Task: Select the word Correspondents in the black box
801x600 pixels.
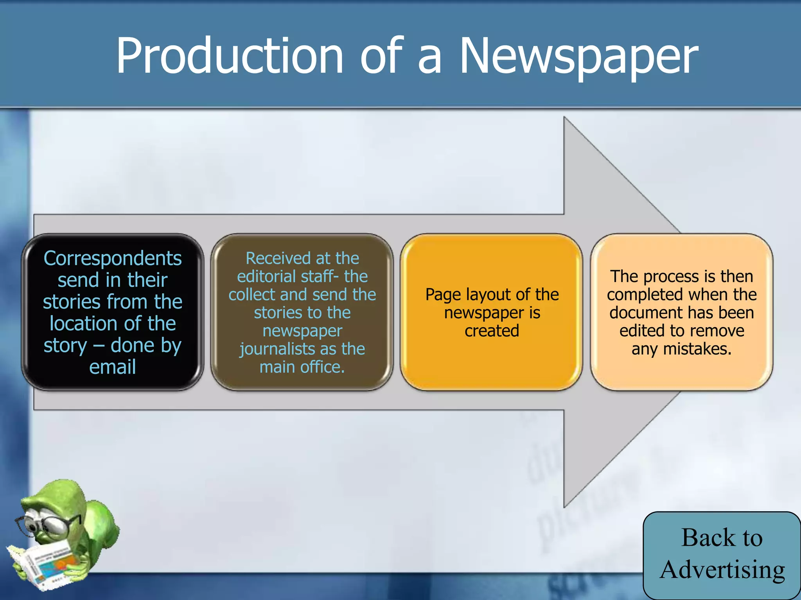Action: [x=113, y=259]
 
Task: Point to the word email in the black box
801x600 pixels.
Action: [x=113, y=367]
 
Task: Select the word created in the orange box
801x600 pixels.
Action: [x=492, y=331]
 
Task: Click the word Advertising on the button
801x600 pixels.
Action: [x=722, y=570]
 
